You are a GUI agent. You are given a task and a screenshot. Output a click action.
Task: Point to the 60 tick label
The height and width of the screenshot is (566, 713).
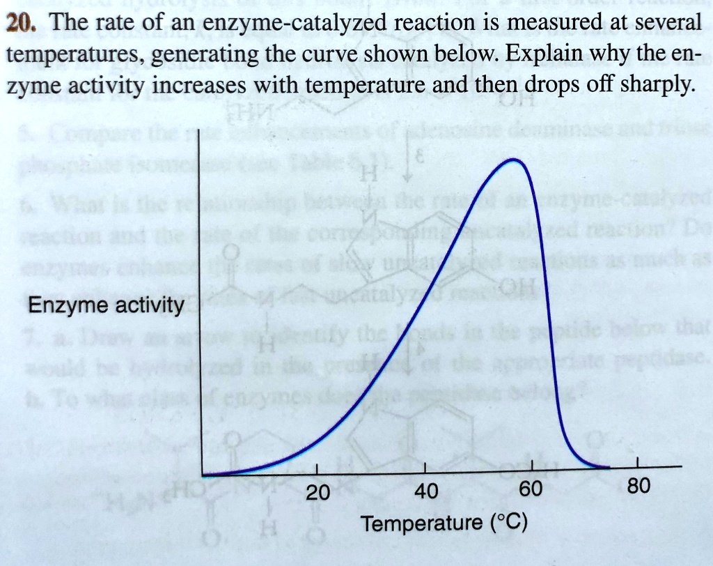(530, 489)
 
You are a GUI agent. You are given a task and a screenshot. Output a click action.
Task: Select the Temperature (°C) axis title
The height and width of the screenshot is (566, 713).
(444, 523)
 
